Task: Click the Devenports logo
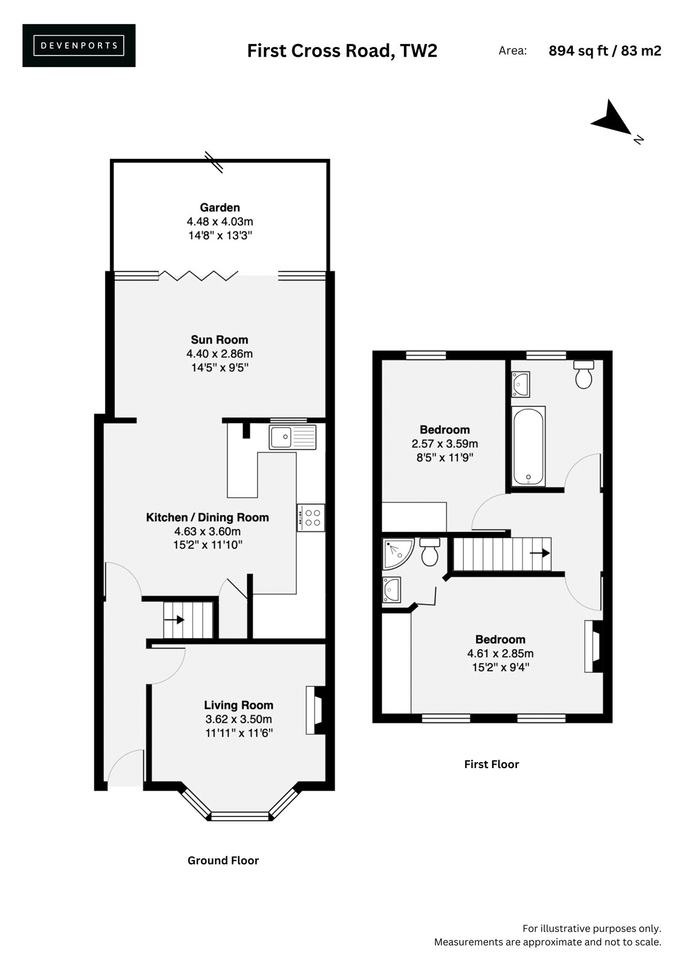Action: pos(79,45)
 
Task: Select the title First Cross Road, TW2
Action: pos(342,51)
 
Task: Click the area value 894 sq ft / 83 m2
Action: pos(604,51)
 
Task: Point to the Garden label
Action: pos(220,207)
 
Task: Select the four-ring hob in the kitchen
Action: pos(311,517)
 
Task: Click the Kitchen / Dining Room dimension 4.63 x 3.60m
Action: pos(207,531)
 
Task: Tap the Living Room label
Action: pos(238,705)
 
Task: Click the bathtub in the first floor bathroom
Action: pos(529,446)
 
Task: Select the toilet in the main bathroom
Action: pos(584,375)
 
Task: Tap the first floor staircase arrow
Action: pos(541,552)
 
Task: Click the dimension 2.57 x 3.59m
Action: pos(445,444)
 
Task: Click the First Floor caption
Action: pos(491,764)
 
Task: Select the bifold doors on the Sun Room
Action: pos(198,276)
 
